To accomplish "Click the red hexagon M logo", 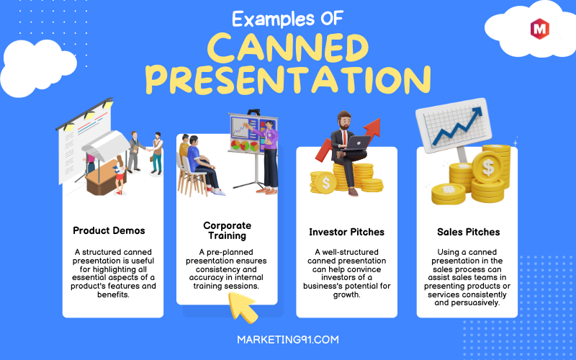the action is point(539,29).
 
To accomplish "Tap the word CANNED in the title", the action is point(287,48).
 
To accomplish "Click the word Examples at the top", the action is point(274,19).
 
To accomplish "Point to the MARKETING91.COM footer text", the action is point(288,339).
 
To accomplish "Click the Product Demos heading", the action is point(109,230).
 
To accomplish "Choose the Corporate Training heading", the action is point(227,230).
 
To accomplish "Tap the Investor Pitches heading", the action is point(346,232).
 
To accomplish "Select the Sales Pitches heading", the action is point(469,232).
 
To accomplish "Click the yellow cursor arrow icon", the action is point(243,307).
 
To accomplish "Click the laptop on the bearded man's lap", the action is point(356,143).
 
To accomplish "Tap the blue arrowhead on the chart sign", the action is point(477,112).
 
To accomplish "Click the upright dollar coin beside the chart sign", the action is point(488,168).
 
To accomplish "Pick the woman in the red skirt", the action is point(120,174).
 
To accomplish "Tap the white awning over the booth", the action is point(106,145).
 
